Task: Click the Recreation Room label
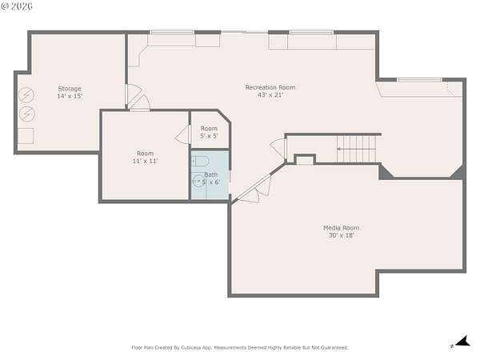[270, 87]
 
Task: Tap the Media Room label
[342, 228]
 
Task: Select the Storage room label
[70, 89]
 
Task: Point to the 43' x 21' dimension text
[270, 95]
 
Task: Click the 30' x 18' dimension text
[342, 235]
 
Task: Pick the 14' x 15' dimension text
[70, 96]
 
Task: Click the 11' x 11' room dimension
[145, 161]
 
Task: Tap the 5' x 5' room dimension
[209, 136]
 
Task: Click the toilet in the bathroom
[201, 162]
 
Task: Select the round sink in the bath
[198, 182]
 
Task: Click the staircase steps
[356, 149]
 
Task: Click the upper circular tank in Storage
[26, 95]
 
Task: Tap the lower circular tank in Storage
[27, 114]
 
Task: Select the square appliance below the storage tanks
[26, 136]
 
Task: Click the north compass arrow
[463, 342]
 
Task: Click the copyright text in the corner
[17, 6]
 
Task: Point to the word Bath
[211, 174]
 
